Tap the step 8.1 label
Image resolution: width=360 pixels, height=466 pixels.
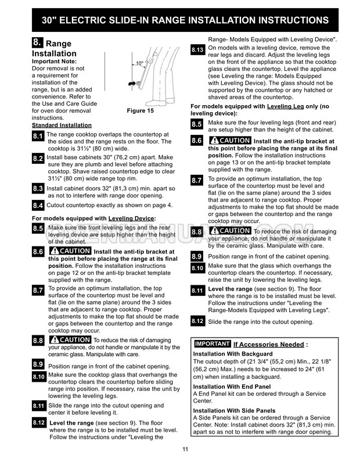tap(38, 137)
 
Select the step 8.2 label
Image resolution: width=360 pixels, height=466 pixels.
tap(38, 159)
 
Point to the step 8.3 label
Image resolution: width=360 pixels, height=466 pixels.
tap(38, 189)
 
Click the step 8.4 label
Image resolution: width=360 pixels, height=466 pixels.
tap(38, 206)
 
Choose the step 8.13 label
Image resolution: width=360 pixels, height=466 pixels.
tap(197, 52)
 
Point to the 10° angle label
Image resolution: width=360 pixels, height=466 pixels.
tap(139, 63)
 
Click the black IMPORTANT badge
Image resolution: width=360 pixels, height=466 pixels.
tap(213, 344)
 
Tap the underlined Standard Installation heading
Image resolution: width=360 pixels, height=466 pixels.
tap(61, 125)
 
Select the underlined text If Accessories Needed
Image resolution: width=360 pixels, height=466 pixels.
tap(269, 345)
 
